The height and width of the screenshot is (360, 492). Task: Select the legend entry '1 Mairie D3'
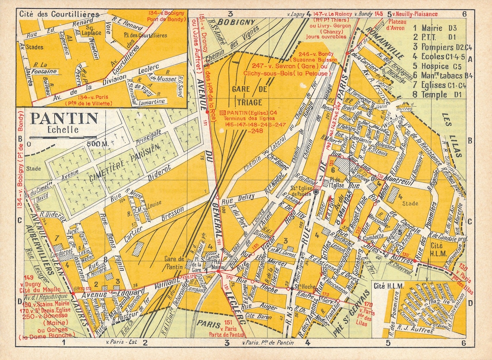434,28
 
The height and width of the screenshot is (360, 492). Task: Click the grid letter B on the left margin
20,139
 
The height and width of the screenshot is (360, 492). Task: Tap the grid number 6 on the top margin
464,14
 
